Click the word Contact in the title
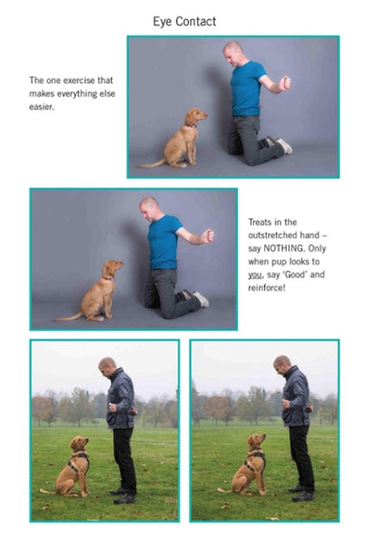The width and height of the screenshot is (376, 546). [195, 22]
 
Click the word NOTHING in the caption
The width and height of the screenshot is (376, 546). [283, 248]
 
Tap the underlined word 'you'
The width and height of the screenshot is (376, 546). [256, 275]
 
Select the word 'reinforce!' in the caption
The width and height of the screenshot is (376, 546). [267, 288]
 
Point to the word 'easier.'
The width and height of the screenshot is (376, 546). [42, 107]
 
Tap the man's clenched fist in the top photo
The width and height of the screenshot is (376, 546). [284, 83]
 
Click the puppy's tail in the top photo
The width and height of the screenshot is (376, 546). [152, 164]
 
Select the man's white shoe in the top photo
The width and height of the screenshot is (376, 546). [284, 146]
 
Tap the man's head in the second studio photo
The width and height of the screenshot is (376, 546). [149, 208]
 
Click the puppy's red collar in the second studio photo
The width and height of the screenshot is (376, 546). [108, 278]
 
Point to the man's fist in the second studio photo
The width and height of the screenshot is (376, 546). [208, 236]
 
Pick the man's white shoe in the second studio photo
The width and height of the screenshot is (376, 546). [202, 299]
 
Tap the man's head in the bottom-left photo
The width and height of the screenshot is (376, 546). [108, 367]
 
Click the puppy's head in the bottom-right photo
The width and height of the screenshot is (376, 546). [257, 441]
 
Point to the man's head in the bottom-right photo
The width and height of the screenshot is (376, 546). [282, 365]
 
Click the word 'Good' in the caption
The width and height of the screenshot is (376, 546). [295, 274]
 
